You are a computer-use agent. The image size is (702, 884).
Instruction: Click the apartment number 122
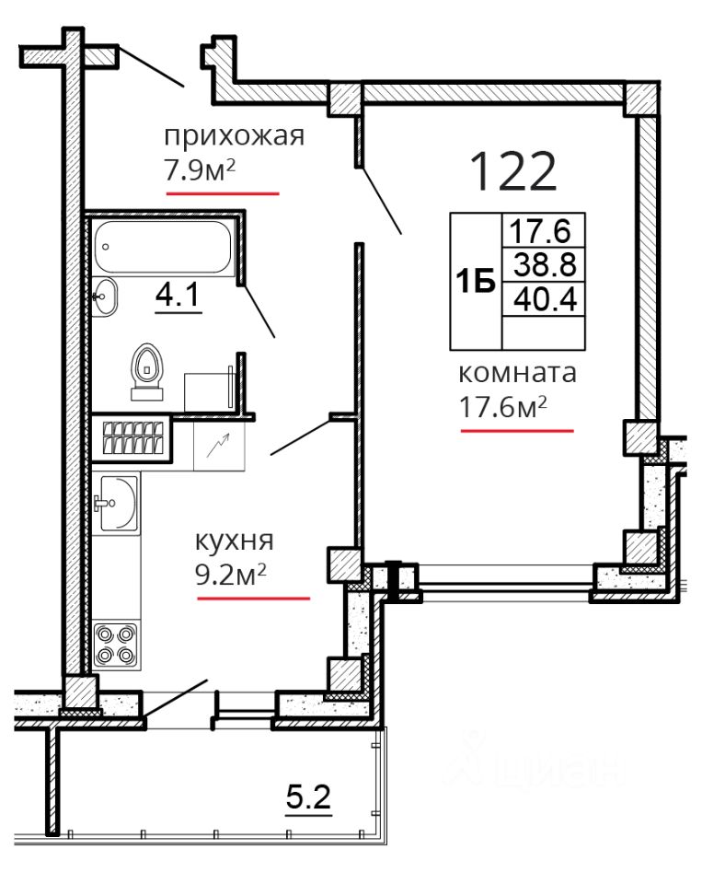[x=512, y=171]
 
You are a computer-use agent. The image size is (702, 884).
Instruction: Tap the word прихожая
[x=234, y=137]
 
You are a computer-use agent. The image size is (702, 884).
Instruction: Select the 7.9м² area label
[x=200, y=169]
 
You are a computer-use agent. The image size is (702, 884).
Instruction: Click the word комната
[x=517, y=373]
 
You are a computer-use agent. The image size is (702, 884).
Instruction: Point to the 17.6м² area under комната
[x=503, y=406]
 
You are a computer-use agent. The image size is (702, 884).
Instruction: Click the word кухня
[x=235, y=541]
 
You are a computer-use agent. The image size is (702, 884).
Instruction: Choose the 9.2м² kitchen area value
[x=230, y=574]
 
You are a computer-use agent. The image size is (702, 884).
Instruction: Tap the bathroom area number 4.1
[x=178, y=295]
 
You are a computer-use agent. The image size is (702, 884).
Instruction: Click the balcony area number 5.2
[x=308, y=797]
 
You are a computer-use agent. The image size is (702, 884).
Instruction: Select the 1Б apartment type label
[x=476, y=282]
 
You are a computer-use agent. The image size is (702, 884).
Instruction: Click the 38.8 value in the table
[x=545, y=264]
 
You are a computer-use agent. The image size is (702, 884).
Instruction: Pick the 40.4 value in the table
[x=545, y=298]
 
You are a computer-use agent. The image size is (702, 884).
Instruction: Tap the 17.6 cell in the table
[x=540, y=230]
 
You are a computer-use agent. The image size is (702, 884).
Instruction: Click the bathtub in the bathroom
[x=164, y=248]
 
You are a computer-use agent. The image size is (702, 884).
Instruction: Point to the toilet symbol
[x=147, y=371]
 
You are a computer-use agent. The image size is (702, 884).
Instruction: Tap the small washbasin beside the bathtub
[x=104, y=297]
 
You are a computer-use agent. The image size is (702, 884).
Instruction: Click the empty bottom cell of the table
[x=544, y=332]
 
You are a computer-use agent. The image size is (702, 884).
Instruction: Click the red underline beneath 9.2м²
[x=254, y=599]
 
